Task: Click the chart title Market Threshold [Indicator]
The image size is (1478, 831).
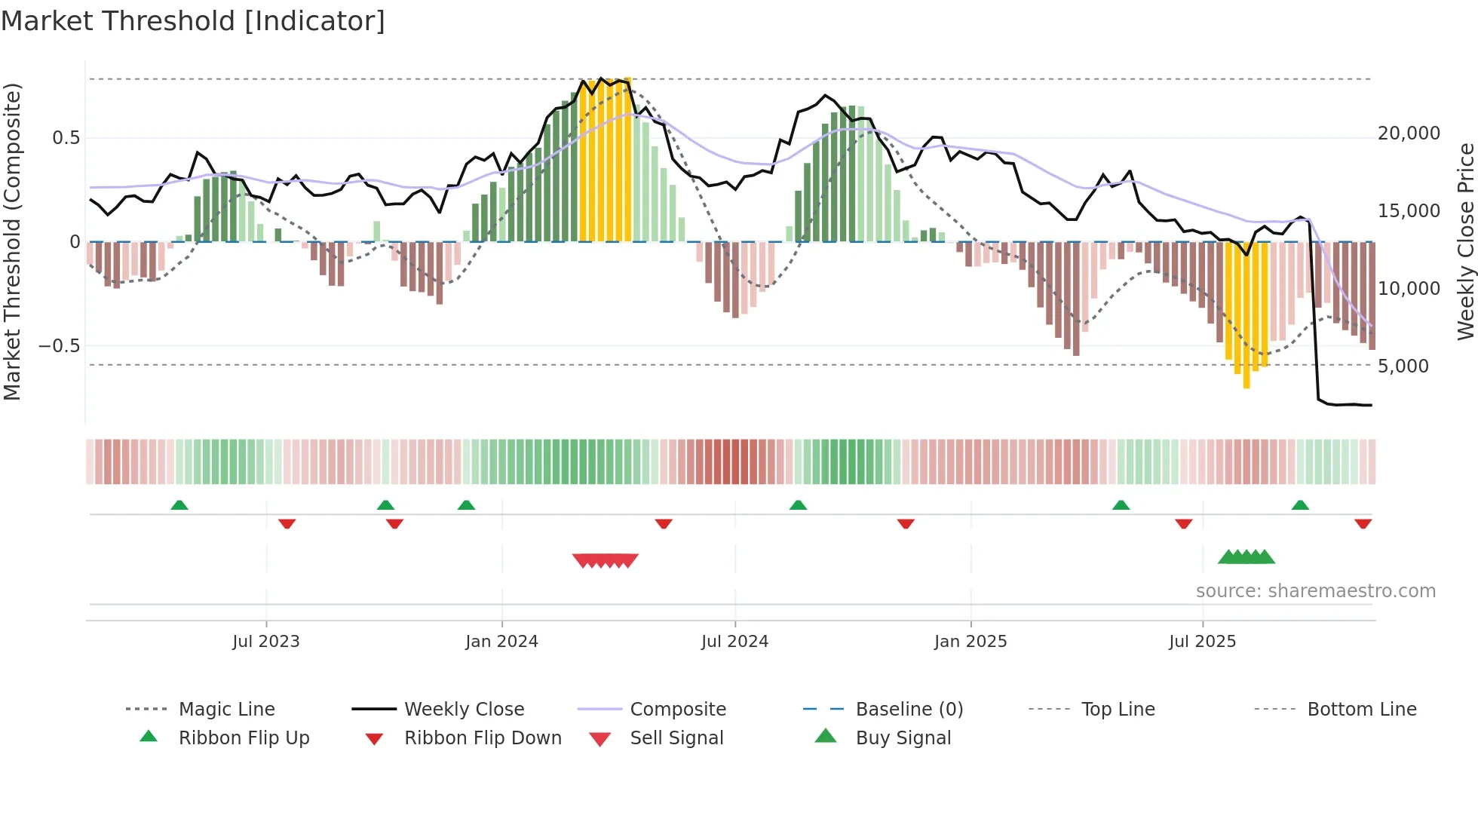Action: pos(193,21)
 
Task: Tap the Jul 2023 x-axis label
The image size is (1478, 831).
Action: pos(265,642)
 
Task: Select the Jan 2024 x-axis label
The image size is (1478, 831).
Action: pos(501,642)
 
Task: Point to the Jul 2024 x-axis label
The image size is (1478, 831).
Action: pos(734,642)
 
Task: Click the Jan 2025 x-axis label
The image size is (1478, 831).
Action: pos(971,642)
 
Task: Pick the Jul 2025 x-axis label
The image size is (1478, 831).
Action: pos(1202,642)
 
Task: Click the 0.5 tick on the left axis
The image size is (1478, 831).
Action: pos(66,138)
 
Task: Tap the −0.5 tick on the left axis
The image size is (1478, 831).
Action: pos(59,346)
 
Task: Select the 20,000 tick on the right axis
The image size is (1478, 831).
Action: pos(1409,133)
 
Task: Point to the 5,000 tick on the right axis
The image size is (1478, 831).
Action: pos(1403,366)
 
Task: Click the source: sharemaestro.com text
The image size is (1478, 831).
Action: pos(1315,591)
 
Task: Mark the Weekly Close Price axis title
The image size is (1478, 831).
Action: pos(1465,242)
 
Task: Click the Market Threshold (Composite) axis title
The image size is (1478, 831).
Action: pos(12,242)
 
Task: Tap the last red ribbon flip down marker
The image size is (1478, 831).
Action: pos(1363,523)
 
